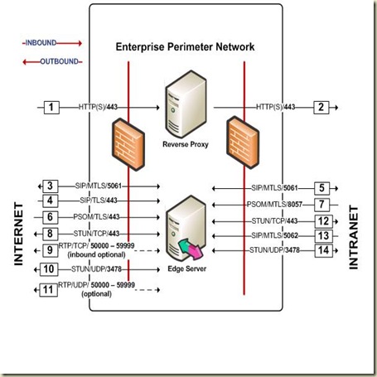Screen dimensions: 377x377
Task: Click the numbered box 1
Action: click(51, 107)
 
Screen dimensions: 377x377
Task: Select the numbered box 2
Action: click(323, 107)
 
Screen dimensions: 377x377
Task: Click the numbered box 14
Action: click(324, 249)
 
